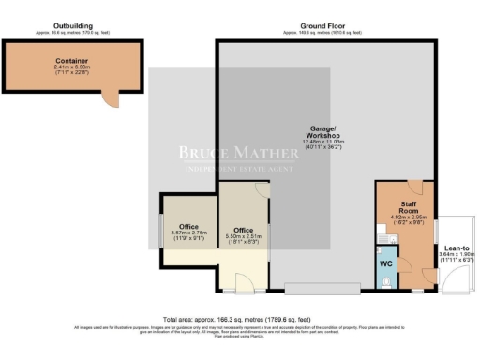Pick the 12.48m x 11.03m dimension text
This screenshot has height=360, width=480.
click(x=323, y=143)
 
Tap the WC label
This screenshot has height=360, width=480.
click(x=385, y=263)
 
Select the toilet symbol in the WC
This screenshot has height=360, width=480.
click(x=388, y=278)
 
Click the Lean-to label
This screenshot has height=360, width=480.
click(x=457, y=249)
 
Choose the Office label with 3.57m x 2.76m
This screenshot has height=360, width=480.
click(x=187, y=226)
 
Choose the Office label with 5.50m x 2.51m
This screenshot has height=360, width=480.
click(x=244, y=230)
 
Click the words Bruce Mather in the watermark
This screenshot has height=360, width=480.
click(x=240, y=151)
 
